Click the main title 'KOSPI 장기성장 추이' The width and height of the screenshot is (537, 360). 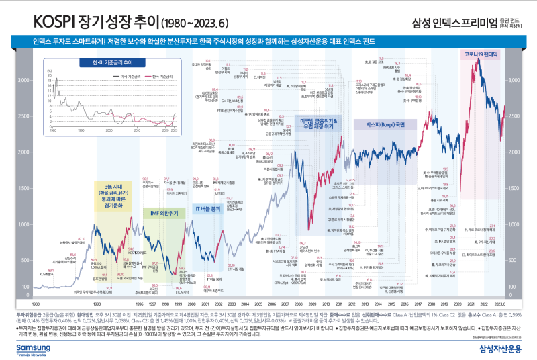click(87, 21)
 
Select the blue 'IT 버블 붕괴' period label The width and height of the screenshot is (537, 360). click(207, 209)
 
